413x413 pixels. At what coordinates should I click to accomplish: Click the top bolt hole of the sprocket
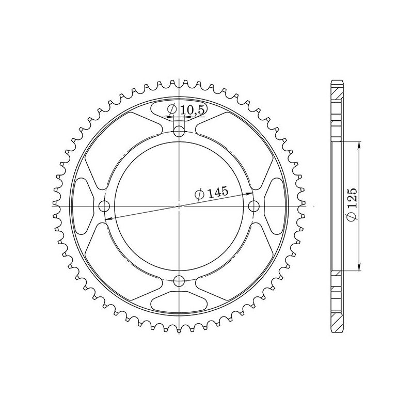click(x=179, y=132)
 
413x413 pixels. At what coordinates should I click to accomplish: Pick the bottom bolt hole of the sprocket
click(x=179, y=281)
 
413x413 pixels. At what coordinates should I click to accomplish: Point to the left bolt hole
click(x=104, y=206)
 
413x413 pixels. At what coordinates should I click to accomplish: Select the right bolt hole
click(x=253, y=206)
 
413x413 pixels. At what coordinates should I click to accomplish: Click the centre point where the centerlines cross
click(x=179, y=206)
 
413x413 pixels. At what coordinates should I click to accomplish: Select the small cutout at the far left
click(x=83, y=206)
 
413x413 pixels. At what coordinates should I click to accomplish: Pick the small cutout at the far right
click(x=275, y=206)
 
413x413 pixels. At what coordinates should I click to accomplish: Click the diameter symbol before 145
click(x=200, y=195)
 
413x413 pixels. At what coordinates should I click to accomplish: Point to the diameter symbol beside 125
click(x=353, y=218)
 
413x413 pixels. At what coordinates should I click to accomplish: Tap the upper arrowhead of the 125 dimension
click(x=359, y=145)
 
